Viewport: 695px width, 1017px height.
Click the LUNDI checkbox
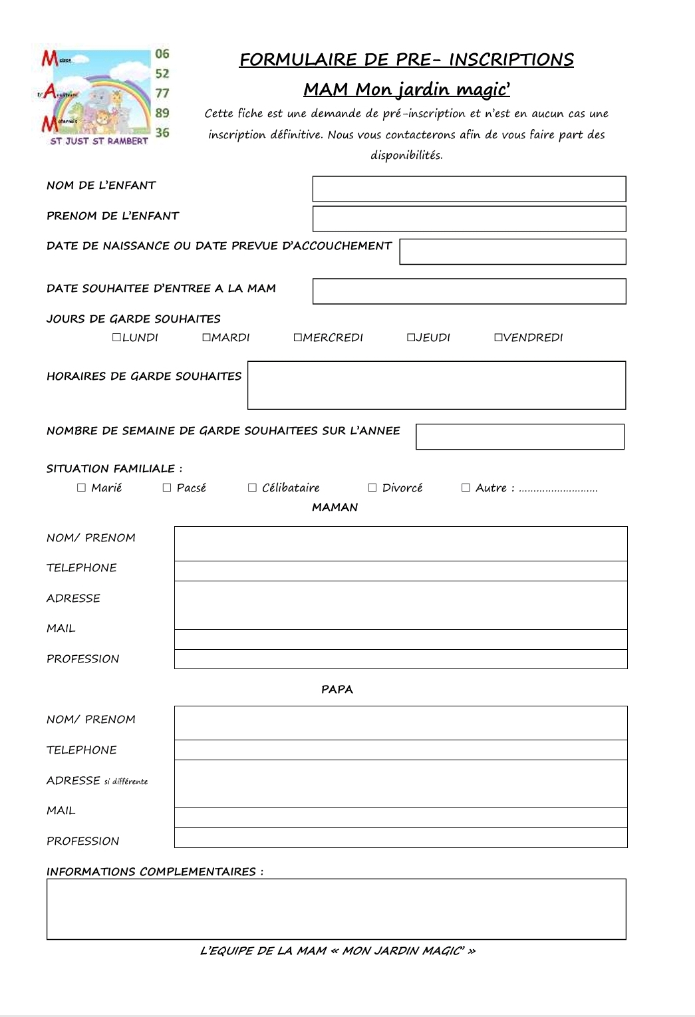click(x=116, y=337)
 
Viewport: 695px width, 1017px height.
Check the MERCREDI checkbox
click(x=297, y=337)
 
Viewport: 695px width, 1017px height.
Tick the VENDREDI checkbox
click(x=498, y=337)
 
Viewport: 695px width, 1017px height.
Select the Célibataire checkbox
click(x=252, y=488)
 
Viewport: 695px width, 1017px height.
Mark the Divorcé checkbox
click(x=372, y=488)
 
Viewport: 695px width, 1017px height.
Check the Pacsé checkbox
click(x=167, y=488)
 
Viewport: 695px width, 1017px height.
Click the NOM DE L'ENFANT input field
click(x=469, y=189)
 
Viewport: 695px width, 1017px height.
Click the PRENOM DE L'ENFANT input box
click(x=469, y=219)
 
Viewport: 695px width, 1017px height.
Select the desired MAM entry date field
click(x=469, y=291)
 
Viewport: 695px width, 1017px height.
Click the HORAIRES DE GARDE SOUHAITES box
click(x=436, y=385)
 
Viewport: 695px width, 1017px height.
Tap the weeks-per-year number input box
click(x=520, y=436)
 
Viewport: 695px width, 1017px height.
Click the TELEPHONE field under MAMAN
click(x=400, y=571)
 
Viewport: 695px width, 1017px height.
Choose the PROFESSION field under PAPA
click(x=400, y=838)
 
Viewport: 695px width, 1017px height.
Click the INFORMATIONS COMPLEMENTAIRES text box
click(x=336, y=909)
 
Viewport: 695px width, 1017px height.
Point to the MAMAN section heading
click(x=335, y=507)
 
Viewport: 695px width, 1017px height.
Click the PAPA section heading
click(x=337, y=689)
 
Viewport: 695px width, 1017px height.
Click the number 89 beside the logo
click(x=162, y=112)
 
